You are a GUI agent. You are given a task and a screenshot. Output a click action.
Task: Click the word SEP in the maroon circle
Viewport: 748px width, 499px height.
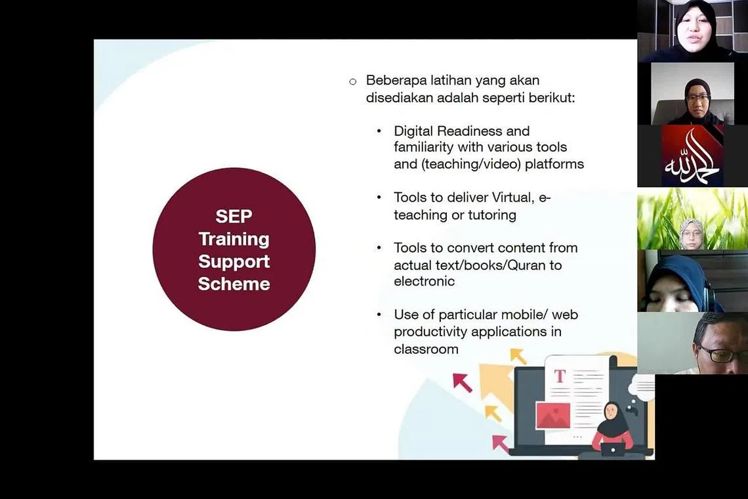click(x=234, y=216)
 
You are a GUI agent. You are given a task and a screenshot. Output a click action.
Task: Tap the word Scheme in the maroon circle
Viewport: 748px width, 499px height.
click(x=234, y=284)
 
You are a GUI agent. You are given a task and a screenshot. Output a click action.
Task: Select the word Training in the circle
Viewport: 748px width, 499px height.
click(x=234, y=239)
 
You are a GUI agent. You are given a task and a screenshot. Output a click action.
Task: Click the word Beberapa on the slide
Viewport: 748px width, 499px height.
click(x=396, y=80)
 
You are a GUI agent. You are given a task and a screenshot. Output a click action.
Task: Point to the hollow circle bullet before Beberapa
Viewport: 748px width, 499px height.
click(x=353, y=81)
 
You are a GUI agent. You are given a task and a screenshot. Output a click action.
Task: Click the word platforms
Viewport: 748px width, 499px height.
click(x=554, y=164)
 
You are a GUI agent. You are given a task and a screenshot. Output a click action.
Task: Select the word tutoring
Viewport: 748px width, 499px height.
click(x=492, y=215)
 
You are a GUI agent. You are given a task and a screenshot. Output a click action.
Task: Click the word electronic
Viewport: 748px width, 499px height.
click(x=424, y=281)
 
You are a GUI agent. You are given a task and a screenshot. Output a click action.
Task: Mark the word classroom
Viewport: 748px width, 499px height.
click(x=426, y=349)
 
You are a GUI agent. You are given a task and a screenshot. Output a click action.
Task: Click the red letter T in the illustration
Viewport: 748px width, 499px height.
click(x=560, y=376)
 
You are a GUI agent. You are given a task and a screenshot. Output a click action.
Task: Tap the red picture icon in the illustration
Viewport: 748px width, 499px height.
click(x=553, y=415)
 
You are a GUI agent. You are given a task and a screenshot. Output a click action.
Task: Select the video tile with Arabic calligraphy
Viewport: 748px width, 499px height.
click(x=692, y=156)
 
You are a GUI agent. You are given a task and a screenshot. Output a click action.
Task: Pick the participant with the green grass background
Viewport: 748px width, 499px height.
click(x=692, y=218)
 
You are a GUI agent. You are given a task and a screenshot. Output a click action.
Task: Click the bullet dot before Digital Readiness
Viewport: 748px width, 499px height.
click(x=379, y=131)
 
